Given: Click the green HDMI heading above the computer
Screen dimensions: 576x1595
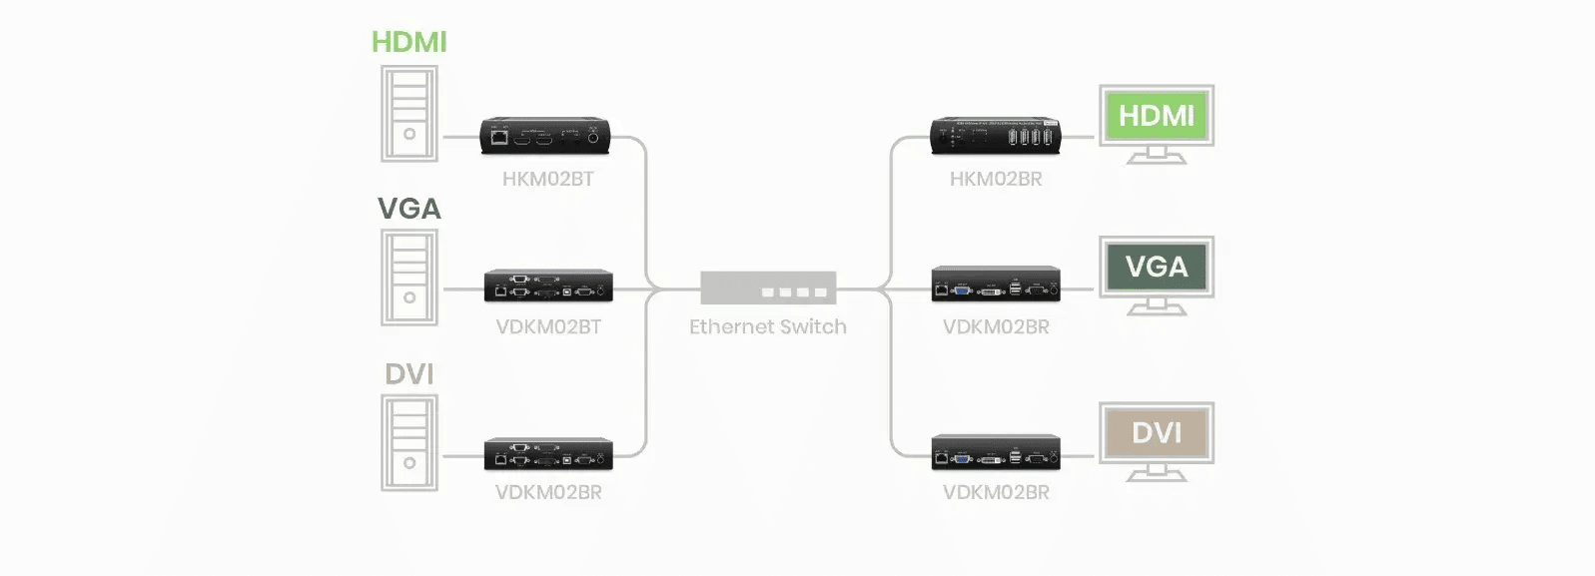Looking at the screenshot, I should (x=408, y=42).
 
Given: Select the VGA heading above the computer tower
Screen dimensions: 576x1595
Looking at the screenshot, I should (x=408, y=209).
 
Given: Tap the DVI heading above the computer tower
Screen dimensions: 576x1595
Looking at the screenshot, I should (x=408, y=374).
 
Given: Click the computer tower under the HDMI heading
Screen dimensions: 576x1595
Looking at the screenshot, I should (x=408, y=114).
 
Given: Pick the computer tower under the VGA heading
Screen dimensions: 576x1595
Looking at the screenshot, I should (x=408, y=278).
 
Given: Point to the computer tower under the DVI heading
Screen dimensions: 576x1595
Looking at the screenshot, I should (x=408, y=443).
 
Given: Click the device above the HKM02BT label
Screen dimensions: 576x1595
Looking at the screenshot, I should (x=545, y=136).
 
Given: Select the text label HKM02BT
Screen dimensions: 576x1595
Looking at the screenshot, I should (x=547, y=180).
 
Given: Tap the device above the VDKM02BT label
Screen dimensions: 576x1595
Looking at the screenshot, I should (x=548, y=286).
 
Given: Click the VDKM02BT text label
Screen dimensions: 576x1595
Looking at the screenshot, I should (x=548, y=327).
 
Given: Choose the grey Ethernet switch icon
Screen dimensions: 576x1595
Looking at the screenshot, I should (x=768, y=288).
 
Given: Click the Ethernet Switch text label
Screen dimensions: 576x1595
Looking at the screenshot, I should (x=768, y=327).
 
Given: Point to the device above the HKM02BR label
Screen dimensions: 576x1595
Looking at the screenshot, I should (x=995, y=136).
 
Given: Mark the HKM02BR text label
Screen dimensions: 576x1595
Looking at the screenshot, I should (x=996, y=180).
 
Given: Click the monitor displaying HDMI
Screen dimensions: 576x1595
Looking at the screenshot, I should (x=1157, y=121).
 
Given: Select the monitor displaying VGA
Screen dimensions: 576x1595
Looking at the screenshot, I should (x=1157, y=272).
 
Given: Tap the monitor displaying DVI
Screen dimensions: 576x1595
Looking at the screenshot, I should (x=1157, y=438).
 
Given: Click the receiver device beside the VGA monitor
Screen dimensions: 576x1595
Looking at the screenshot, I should (x=996, y=285).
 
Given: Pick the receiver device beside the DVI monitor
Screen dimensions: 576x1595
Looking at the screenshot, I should (x=996, y=452).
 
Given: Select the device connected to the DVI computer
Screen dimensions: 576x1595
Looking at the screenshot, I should (x=548, y=453).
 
